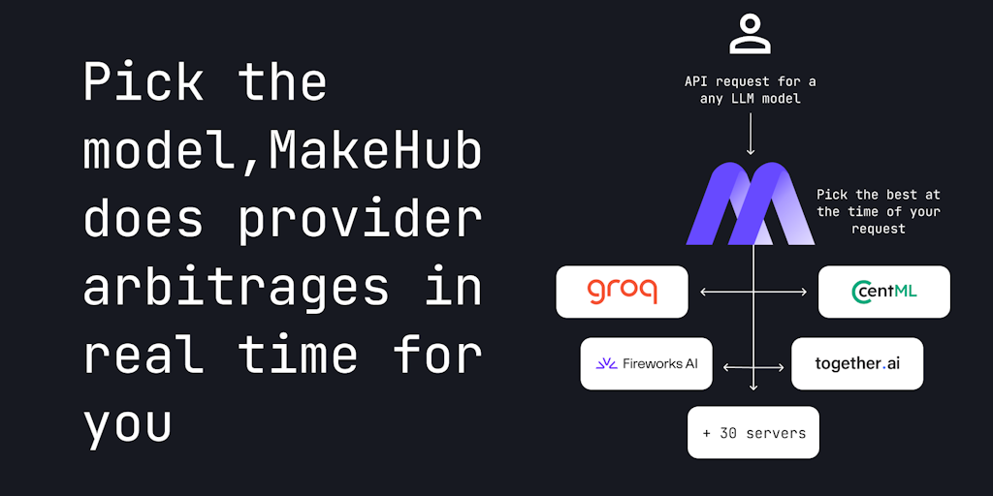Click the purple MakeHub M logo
coord(750,203)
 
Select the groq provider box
coord(622,292)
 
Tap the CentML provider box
coord(884,292)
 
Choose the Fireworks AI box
coord(646,364)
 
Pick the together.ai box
coord(857,364)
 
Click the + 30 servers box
coord(753,433)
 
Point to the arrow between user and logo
coord(751,134)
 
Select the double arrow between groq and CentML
coord(753,292)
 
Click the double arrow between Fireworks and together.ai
coord(753,366)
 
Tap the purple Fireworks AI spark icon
coord(607,364)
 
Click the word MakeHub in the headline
coord(375,153)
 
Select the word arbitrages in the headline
coord(238,287)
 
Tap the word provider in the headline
coord(360,220)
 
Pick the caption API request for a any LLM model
coord(750,90)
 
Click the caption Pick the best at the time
coord(879,211)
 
